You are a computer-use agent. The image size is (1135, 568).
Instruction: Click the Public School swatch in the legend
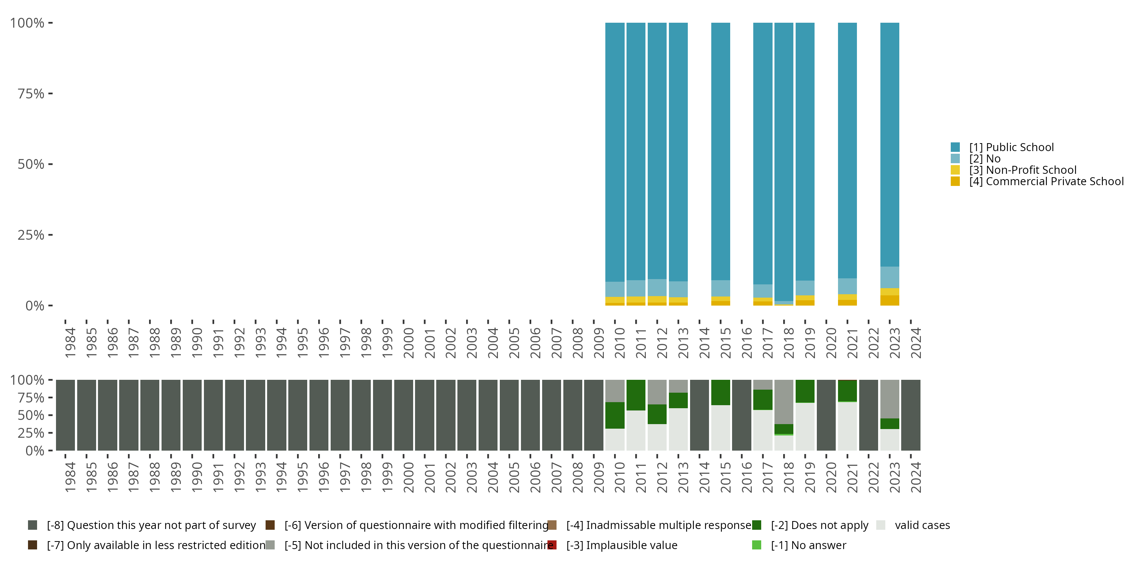[x=955, y=147]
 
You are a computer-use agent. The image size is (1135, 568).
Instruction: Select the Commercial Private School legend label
[x=1046, y=181]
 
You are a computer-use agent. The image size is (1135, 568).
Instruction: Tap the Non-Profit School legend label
[x=1022, y=170]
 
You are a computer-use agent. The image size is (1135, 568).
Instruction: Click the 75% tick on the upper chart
[x=31, y=94]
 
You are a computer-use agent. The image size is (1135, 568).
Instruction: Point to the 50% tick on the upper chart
[x=31, y=164]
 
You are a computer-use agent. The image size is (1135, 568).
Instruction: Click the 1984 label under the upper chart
[x=70, y=343]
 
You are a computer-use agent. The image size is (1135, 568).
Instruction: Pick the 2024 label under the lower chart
[x=916, y=477]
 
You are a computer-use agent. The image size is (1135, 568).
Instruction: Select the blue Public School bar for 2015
[x=720, y=150]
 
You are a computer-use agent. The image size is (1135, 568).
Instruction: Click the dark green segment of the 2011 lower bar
[x=636, y=395]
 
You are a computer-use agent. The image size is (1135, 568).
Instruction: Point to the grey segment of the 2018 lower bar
[x=784, y=401]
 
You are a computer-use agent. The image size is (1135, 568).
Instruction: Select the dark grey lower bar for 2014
[x=699, y=415]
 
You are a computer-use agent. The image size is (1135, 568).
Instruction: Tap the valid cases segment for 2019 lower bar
[x=805, y=426]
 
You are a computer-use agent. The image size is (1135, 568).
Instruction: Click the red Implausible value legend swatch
[x=552, y=545]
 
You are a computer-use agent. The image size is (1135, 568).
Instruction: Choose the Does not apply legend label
[x=819, y=525]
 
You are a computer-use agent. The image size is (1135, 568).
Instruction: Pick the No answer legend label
[x=808, y=545]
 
